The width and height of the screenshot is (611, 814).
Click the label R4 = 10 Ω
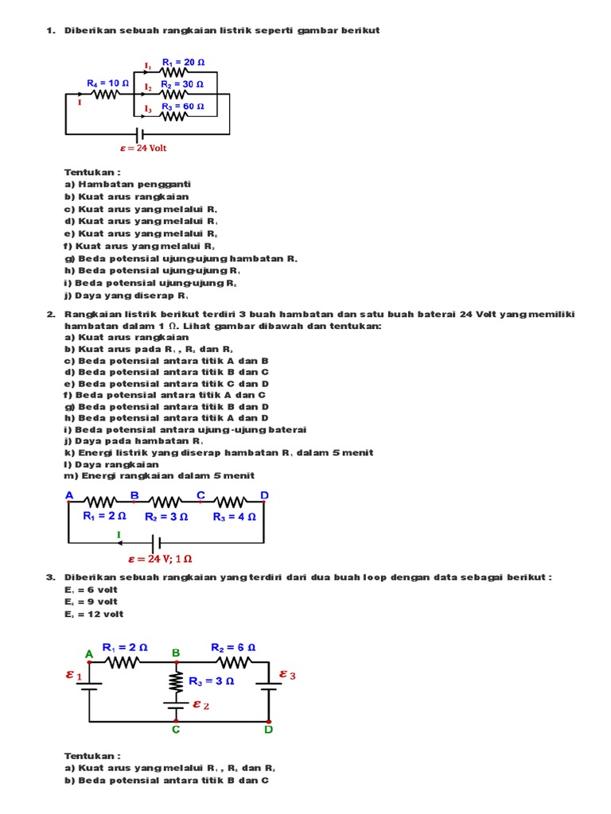107,82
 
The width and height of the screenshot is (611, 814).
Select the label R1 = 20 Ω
182,62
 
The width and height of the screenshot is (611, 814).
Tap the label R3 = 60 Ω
182,107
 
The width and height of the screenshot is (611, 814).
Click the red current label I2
148,86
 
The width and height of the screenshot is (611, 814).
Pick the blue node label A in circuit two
69,495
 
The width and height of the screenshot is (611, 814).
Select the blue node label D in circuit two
265,495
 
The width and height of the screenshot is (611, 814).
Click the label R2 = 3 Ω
166,516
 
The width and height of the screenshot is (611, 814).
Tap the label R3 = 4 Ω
234,516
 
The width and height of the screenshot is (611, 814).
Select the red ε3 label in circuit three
287,675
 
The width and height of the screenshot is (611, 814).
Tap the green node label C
176,729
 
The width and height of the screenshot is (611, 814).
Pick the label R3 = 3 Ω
211,681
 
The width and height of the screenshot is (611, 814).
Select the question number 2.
49,314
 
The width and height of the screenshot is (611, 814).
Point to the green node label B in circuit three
176,653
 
